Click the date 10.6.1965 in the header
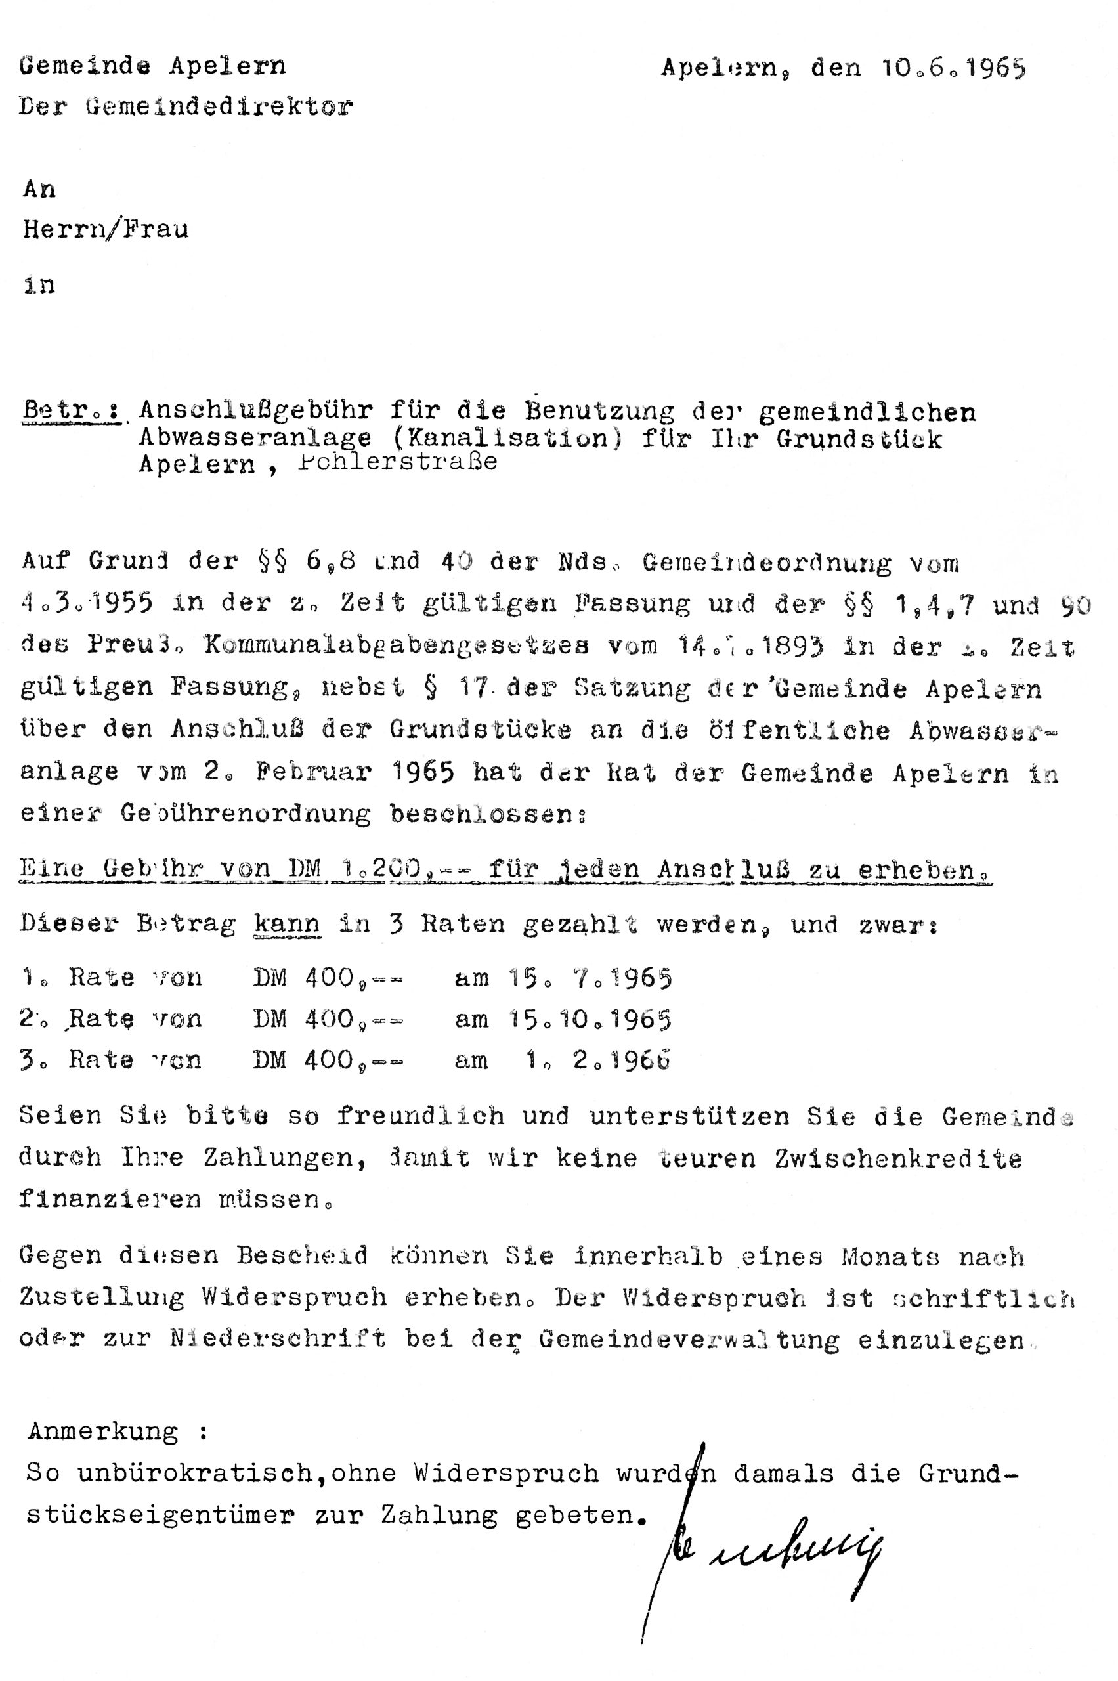click(x=953, y=68)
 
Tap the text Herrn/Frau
click(x=106, y=230)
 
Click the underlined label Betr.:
click(x=71, y=412)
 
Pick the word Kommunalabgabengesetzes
click(x=397, y=645)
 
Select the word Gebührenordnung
click(x=246, y=814)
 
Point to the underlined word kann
click(x=287, y=925)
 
